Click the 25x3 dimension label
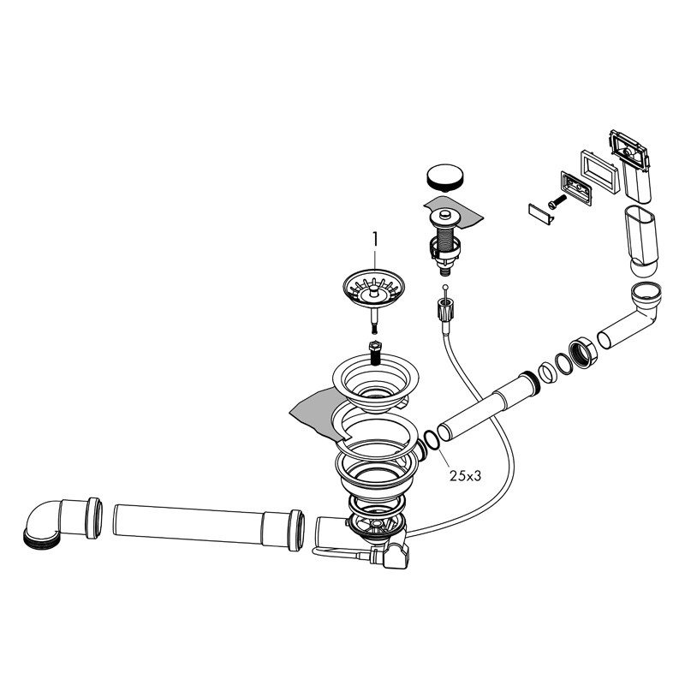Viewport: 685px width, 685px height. tap(465, 476)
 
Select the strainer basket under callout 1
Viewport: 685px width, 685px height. tap(373, 297)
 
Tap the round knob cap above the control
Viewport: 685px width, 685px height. tap(444, 177)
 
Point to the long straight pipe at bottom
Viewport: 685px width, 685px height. tap(208, 527)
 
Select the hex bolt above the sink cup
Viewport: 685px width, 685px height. tap(375, 353)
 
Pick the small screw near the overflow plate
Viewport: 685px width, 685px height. tap(557, 201)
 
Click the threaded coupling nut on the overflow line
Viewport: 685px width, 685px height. tap(583, 353)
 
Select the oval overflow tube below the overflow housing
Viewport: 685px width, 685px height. tap(641, 241)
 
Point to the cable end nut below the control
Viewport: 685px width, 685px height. tap(444, 308)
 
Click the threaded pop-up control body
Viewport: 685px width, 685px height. tap(444, 241)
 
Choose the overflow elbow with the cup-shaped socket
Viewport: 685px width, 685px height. tap(629, 315)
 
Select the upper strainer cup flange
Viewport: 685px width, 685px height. tap(375, 383)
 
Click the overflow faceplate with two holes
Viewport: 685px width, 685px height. tap(575, 188)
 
